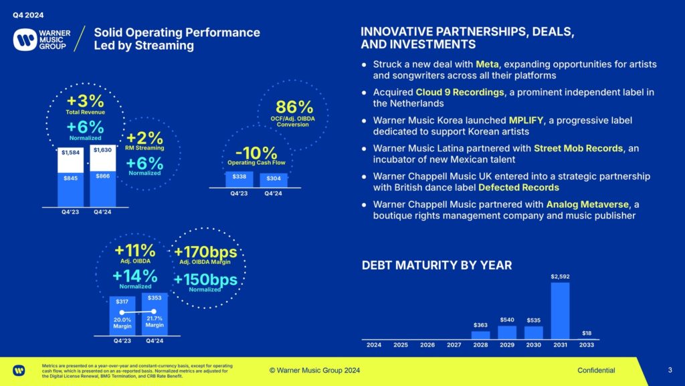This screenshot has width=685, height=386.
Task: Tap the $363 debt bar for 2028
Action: [480, 334]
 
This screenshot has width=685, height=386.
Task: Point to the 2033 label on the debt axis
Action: [587, 345]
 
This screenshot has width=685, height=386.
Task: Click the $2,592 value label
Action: [560, 276]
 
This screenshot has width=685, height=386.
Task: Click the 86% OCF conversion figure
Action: [294, 107]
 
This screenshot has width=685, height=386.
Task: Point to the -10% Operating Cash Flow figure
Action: [256, 152]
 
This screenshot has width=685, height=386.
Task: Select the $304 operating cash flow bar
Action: [274, 180]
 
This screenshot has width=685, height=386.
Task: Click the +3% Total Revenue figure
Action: [86, 102]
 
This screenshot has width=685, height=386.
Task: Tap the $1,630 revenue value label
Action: [102, 150]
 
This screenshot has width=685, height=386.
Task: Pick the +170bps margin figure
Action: [205, 253]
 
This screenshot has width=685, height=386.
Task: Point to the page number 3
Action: [670, 370]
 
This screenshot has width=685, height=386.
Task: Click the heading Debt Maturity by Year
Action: [437, 265]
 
